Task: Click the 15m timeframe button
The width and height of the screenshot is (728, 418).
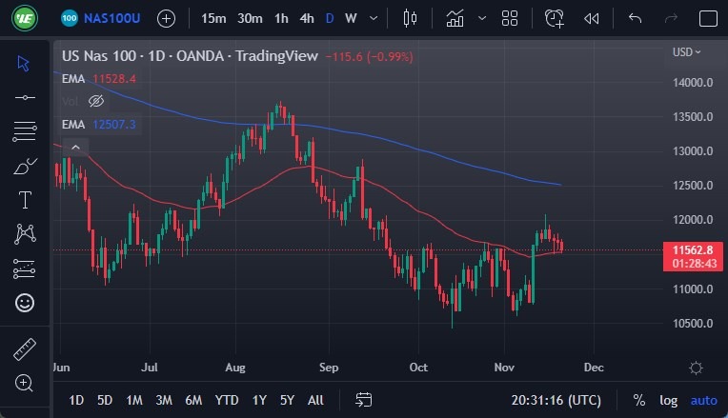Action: coord(214,18)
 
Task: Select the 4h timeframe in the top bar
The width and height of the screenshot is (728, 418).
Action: coord(306,18)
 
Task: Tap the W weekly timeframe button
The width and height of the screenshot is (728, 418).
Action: coord(351,18)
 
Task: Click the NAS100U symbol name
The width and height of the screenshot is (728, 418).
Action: coord(112,18)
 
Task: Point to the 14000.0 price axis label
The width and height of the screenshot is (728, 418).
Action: coord(693,83)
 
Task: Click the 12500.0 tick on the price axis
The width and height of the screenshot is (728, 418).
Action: coord(693,186)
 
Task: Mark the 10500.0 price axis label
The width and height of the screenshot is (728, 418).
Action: coord(693,324)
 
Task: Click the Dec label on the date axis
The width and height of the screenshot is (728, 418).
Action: coord(594,367)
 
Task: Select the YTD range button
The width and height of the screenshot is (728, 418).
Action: coord(227,400)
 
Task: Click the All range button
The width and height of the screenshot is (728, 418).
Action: coord(315,400)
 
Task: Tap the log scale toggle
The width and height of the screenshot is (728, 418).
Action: coord(668,400)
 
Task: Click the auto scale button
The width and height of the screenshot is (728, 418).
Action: coord(703,400)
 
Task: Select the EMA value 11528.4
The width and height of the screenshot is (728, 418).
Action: coord(114,78)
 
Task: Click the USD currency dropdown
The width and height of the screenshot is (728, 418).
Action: coord(686,51)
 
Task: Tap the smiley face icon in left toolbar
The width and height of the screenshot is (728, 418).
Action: coord(25,303)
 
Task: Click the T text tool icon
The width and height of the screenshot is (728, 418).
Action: coord(25,200)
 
